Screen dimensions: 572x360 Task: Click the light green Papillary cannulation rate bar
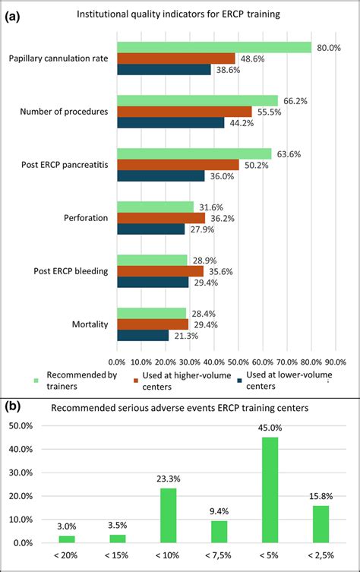(x=214, y=47)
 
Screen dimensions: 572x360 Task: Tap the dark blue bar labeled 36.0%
(x=160, y=175)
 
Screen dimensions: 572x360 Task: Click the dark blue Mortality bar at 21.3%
(x=143, y=335)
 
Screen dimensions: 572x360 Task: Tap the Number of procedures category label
(x=67, y=112)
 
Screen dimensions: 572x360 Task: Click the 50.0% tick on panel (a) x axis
(x=238, y=361)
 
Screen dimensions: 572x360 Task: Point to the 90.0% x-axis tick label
(x=335, y=361)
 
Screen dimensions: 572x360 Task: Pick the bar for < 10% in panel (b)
(x=169, y=516)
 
